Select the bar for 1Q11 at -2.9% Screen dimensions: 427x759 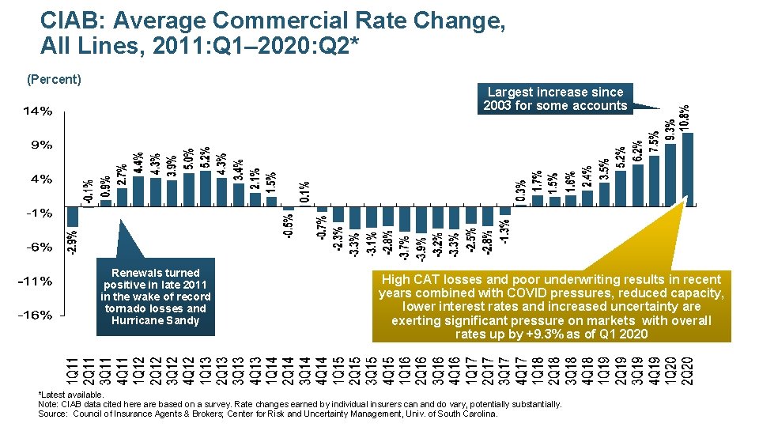[73, 216]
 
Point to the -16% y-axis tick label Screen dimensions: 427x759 [36, 316]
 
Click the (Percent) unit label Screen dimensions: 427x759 [55, 79]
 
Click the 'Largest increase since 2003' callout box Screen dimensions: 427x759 [555, 99]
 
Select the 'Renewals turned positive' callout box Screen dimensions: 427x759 [156, 297]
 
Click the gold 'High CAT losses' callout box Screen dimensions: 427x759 [550, 306]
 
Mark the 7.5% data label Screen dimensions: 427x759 [655, 141]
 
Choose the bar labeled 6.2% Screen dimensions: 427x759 [637, 184]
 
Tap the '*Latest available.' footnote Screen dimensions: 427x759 [71, 395]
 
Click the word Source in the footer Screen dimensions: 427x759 [51, 414]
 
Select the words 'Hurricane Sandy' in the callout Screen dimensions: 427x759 [156, 320]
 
